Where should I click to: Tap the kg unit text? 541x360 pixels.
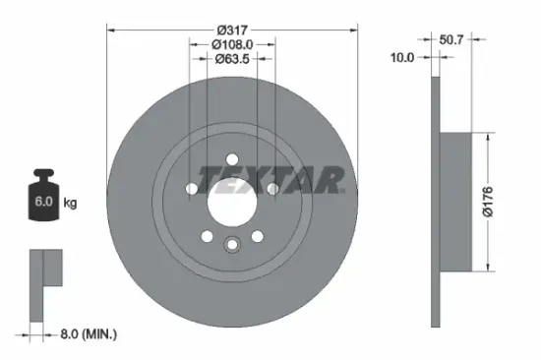tap(71, 204)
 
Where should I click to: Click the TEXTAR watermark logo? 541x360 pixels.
tap(271, 178)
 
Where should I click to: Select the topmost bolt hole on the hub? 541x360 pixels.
tap(232, 158)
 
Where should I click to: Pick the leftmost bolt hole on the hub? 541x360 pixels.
tap(191, 189)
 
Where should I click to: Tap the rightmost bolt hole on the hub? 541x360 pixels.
tap(273, 189)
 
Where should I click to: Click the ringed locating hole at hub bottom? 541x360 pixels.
tap(232, 246)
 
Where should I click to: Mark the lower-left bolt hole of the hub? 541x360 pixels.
tap(207, 236)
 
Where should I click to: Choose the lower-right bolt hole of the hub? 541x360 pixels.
tap(258, 236)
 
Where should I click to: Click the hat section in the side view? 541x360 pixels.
tap(458, 203)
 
